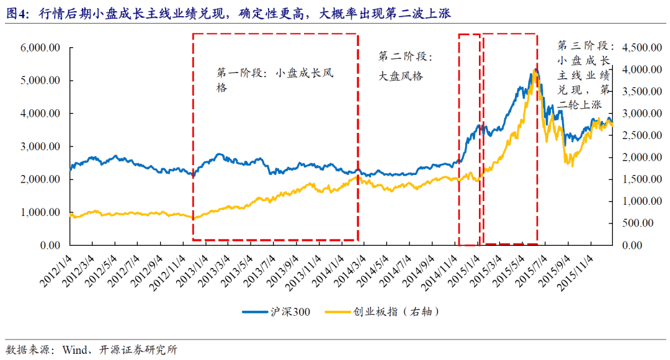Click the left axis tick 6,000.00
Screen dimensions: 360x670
pyautogui.click(x=40, y=48)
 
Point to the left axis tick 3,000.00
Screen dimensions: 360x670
pyautogui.click(x=40, y=146)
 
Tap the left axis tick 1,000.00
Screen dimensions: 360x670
pyautogui.click(x=40, y=212)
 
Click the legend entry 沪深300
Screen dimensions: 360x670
pyautogui.click(x=275, y=311)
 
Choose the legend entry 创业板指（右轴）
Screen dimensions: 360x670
pyautogui.click(x=382, y=311)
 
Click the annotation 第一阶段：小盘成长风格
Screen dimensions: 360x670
pyautogui.click(x=275, y=80)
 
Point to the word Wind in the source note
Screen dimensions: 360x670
pyautogui.click(x=74, y=349)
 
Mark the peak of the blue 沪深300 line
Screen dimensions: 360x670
pyautogui.click(x=532, y=71)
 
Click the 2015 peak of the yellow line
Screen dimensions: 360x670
pyautogui.click(x=536, y=70)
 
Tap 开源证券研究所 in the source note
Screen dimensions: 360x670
pyautogui.click(x=136, y=349)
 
